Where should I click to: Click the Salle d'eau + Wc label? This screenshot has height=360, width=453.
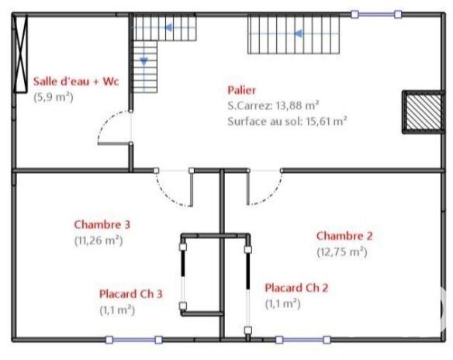tap(74, 82)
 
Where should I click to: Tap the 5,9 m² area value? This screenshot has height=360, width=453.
tap(53, 97)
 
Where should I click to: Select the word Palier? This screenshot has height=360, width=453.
tap(242, 90)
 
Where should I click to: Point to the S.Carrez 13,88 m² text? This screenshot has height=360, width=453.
tap(275, 105)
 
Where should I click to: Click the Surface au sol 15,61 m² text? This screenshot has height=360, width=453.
tap(287, 120)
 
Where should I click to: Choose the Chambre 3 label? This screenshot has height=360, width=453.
tap(102, 225)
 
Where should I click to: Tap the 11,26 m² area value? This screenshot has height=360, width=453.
tap(99, 240)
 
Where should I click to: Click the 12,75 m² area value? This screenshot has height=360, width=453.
tap(341, 251)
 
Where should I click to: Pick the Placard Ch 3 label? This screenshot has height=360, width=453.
tap(130, 294)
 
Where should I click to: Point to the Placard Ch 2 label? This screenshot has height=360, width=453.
tap(296, 288)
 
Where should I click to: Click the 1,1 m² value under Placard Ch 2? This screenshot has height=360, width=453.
tap(282, 303)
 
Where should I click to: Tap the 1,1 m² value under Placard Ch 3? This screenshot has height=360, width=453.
tap(116, 309)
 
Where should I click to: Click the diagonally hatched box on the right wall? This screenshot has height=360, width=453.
tap(417, 112)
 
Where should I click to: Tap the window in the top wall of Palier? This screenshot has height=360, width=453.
tap(376, 14)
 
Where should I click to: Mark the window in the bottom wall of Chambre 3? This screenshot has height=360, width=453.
tap(133, 339)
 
